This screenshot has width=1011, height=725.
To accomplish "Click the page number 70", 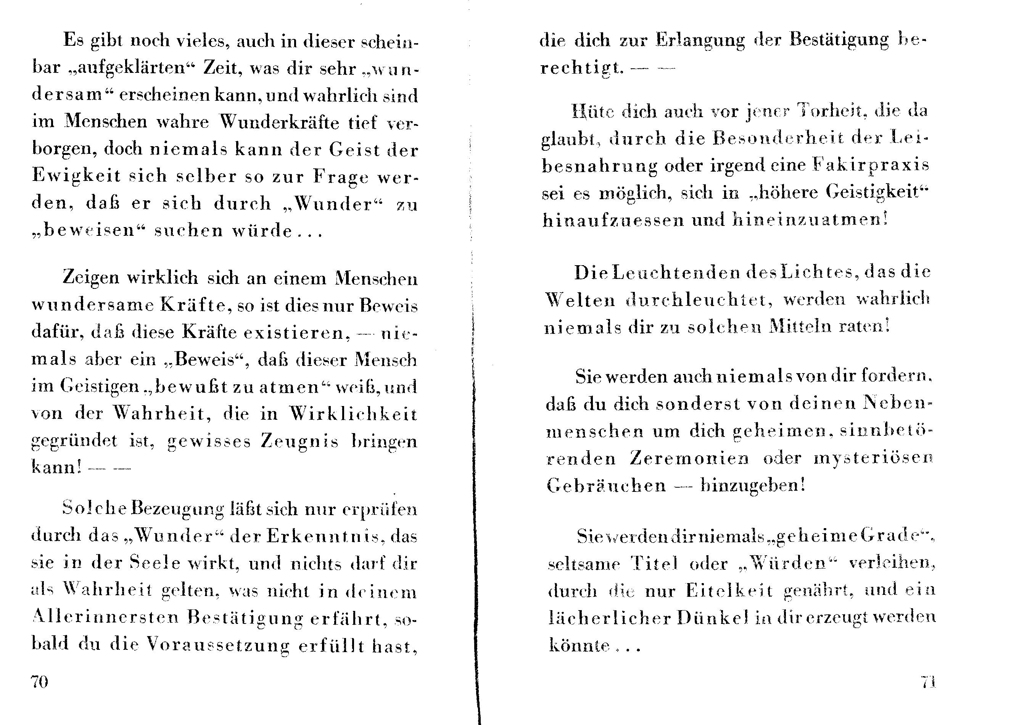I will coord(39,682).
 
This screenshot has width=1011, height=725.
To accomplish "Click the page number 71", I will coord(928,682).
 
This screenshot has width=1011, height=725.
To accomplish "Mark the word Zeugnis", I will coord(299,441).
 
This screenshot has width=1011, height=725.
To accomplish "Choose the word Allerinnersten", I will coord(106,617).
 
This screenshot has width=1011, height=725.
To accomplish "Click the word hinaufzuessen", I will coord(613,220).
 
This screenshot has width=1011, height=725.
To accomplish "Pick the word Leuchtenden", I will coord(675,272).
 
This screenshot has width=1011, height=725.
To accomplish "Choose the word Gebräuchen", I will coord(606,485).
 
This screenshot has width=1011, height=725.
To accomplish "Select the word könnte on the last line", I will coord(579,645).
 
